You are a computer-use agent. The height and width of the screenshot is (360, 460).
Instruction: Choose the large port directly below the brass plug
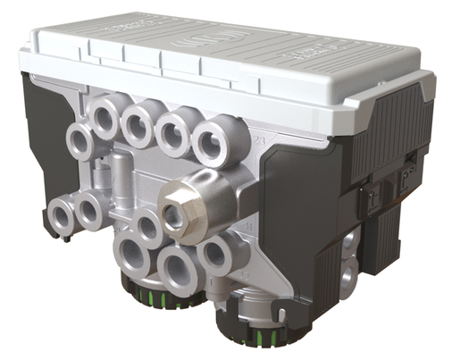[x=177, y=265]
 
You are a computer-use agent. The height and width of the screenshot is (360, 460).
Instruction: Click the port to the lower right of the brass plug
[x=214, y=254]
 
